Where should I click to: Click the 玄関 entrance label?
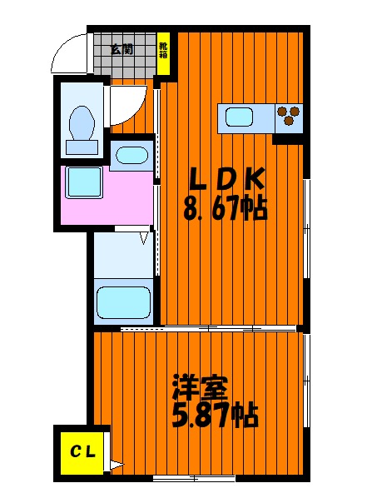point(122,50)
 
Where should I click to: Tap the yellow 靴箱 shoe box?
point(163,54)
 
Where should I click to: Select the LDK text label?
point(227,179)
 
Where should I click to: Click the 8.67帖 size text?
point(226,208)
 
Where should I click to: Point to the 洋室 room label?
point(201,387)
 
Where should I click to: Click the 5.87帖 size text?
point(216,415)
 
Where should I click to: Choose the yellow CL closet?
point(82,453)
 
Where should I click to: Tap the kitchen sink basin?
point(239,117)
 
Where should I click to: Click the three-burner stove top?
point(289,118)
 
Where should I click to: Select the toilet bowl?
point(82,123)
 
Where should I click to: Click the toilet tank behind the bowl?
point(82,147)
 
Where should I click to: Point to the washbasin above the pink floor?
point(131,156)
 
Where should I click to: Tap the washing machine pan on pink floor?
point(84,182)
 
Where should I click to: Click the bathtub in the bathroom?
point(124,302)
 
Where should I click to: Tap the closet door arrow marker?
point(116,464)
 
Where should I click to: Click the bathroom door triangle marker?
point(145,238)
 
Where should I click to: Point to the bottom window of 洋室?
point(194,479)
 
